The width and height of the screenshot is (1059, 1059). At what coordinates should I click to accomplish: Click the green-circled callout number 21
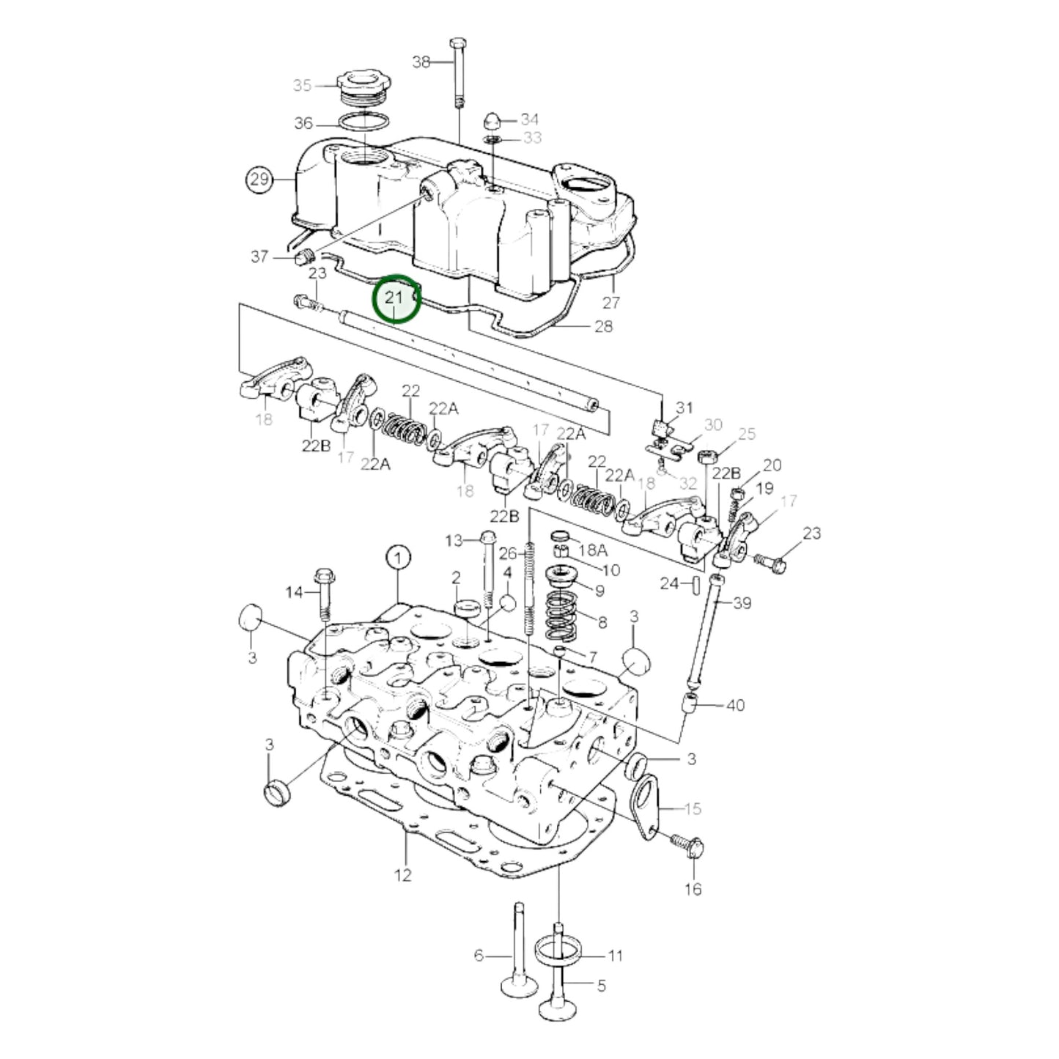(396, 298)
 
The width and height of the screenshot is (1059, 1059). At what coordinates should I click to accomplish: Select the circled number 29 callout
(259, 180)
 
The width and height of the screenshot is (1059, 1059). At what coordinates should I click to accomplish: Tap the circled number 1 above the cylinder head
(399, 559)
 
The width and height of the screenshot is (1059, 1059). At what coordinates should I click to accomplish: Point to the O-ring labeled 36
(364, 122)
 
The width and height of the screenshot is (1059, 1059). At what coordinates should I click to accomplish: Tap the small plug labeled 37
(304, 257)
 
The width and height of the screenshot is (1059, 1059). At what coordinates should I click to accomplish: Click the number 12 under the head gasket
(403, 874)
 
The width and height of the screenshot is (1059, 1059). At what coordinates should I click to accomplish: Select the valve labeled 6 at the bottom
(516, 960)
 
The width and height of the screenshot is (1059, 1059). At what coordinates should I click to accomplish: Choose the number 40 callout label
(734, 705)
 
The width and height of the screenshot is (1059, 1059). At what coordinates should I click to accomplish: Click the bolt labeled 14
(323, 592)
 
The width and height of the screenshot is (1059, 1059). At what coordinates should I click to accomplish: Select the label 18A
(594, 550)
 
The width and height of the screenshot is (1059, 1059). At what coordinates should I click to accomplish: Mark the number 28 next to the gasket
(603, 326)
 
